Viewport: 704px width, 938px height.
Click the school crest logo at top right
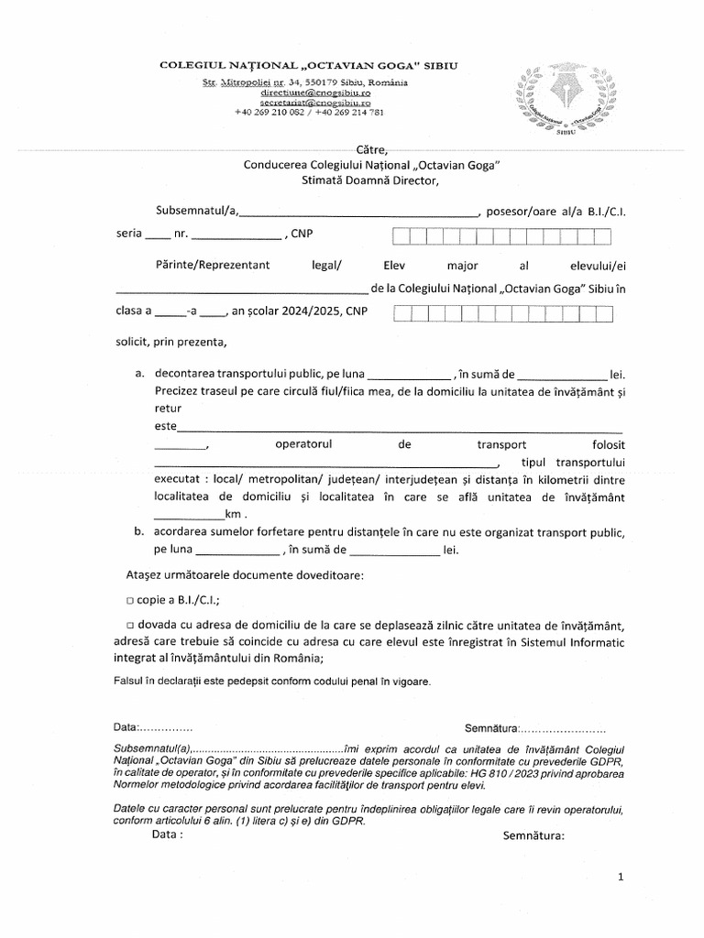[x=567, y=97]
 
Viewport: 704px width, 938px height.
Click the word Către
[x=372, y=150]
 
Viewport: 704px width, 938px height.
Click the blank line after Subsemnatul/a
[x=358, y=213]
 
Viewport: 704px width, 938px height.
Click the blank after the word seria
[x=158, y=236]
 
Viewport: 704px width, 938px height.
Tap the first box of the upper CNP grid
[x=401, y=237]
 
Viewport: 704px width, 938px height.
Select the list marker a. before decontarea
[x=139, y=375]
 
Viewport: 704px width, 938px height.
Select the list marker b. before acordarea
[x=139, y=532]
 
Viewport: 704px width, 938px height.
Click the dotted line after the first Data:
[x=166, y=728]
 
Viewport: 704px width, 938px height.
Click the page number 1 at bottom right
[x=621, y=878]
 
